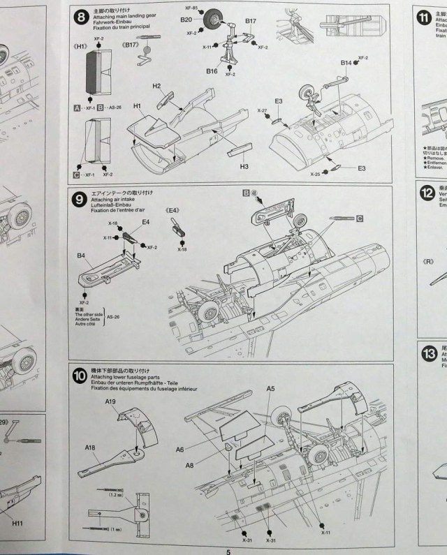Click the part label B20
coord(186,20)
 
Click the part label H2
coord(157,85)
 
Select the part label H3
coord(244,168)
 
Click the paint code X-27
coord(262,111)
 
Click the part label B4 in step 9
coord(82,257)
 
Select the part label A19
coord(111,403)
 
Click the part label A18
coord(91,447)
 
